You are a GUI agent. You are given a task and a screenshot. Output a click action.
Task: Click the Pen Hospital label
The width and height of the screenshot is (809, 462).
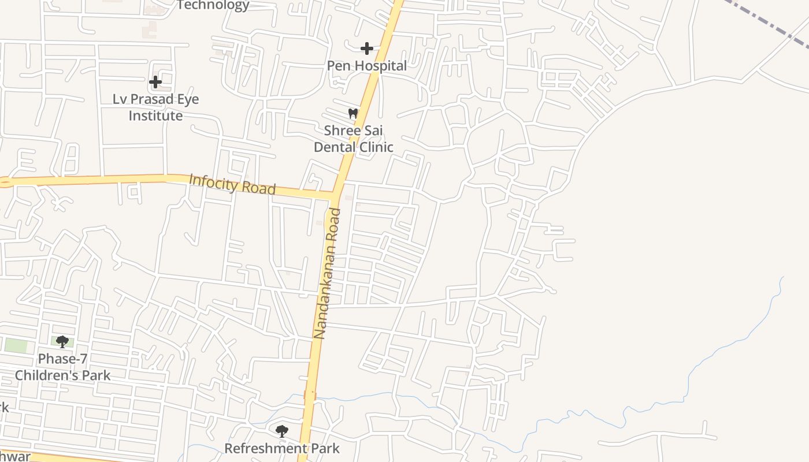click(x=367, y=66)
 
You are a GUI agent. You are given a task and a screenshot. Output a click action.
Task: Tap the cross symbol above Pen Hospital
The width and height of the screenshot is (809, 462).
click(x=367, y=49)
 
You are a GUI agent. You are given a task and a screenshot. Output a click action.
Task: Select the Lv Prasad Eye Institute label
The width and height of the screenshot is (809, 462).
click(x=155, y=107)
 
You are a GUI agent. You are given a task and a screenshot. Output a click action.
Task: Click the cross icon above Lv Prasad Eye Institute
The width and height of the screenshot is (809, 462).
click(x=155, y=82)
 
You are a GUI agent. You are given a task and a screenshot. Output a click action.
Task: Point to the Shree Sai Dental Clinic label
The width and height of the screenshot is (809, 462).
click(x=353, y=139)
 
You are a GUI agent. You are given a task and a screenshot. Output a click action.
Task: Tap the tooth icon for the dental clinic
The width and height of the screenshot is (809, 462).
click(x=353, y=114)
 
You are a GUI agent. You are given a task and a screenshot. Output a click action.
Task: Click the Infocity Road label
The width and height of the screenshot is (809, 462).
click(x=232, y=184)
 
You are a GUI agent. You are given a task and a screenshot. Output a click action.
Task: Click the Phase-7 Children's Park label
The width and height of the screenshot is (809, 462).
click(x=62, y=367)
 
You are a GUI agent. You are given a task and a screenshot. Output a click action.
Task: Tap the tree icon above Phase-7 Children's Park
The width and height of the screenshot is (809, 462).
click(x=62, y=341)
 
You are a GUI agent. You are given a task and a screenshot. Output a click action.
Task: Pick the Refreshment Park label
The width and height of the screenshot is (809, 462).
click(x=281, y=448)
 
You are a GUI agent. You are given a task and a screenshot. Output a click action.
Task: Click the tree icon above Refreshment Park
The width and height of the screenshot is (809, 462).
click(x=281, y=431)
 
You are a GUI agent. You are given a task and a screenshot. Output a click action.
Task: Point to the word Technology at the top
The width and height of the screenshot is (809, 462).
click(x=213, y=6)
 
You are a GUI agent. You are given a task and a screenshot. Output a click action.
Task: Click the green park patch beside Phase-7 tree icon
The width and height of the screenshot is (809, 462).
click(x=16, y=345)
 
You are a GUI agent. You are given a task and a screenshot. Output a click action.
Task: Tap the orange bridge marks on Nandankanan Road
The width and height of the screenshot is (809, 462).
click(x=310, y=395)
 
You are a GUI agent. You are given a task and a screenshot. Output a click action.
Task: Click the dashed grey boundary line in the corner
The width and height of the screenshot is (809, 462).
click(x=769, y=23)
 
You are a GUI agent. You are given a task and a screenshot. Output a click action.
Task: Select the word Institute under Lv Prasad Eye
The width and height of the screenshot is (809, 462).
click(x=155, y=115)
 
